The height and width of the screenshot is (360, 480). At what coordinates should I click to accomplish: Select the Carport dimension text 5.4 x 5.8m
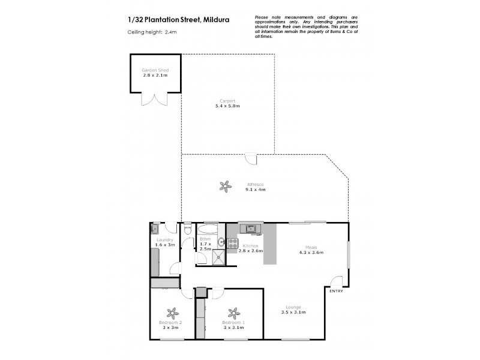(227, 106)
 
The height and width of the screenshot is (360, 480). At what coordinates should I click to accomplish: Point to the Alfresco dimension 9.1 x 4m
(255, 190)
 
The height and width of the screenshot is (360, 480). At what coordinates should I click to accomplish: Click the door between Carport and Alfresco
(251, 159)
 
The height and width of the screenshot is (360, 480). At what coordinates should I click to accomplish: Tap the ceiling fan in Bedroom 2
(172, 313)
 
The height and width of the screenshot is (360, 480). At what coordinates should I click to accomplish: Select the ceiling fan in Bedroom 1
(233, 313)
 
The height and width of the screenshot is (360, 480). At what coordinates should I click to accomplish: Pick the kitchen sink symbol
(250, 228)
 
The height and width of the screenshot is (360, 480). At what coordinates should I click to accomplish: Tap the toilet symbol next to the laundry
(188, 229)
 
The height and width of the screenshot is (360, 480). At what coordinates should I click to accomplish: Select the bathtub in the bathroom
(209, 229)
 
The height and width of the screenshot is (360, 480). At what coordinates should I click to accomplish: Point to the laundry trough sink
(155, 228)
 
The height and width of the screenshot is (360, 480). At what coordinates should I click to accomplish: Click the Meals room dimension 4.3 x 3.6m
(311, 253)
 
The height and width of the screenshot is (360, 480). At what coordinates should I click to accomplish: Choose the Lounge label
(293, 307)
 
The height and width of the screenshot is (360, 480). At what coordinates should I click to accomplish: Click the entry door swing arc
(338, 281)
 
